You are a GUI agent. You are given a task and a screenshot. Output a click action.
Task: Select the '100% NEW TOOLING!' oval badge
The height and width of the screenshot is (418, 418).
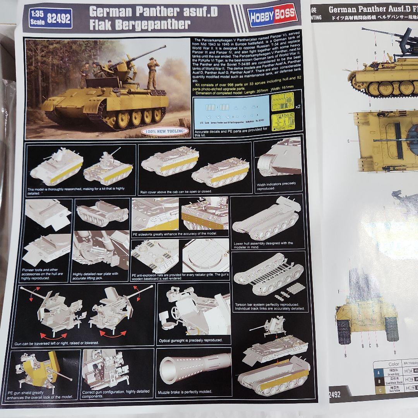tap(165, 131)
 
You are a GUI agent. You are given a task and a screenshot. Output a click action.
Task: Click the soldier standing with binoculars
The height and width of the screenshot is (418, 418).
tap(152, 74)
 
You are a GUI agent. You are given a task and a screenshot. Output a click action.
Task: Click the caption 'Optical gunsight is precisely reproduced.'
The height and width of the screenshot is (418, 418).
tap(191, 340)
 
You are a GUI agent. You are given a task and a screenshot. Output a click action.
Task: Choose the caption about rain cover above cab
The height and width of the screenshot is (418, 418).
tap(176, 191)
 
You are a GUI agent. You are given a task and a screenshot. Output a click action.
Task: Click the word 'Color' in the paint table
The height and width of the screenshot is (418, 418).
tap(394, 364)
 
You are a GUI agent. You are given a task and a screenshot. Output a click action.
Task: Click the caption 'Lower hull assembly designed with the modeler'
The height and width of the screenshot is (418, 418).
tap(263, 245)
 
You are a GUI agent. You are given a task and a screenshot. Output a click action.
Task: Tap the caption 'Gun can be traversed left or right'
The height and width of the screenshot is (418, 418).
tap(57, 343)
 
